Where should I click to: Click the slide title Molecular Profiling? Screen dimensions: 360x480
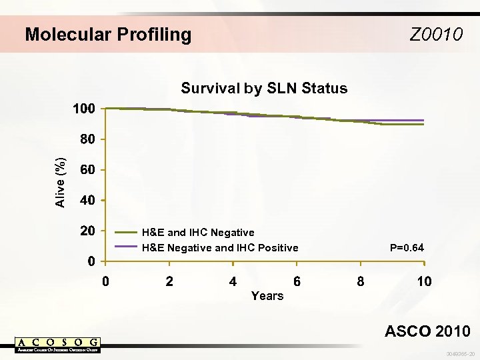(x=108, y=35)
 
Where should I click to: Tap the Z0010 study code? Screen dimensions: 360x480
(x=436, y=35)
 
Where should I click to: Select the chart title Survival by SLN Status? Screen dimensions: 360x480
(x=265, y=89)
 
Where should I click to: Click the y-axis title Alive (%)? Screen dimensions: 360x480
(x=61, y=182)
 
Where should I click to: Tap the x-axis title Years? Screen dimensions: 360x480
(x=267, y=295)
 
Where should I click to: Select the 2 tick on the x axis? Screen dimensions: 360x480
(x=169, y=281)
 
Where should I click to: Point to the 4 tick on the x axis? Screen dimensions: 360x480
(x=233, y=281)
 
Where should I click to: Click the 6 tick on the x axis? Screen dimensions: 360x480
(x=297, y=281)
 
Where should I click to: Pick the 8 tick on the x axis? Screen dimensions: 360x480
(x=360, y=281)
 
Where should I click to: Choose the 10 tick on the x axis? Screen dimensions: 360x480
(x=424, y=281)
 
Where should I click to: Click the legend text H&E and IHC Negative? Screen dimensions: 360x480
(x=198, y=233)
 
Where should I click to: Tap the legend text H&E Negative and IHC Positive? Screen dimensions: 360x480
(x=220, y=248)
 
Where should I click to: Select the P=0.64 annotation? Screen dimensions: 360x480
(x=407, y=248)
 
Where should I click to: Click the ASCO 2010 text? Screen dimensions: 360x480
(x=428, y=331)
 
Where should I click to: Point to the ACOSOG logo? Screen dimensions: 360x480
(x=58, y=345)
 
